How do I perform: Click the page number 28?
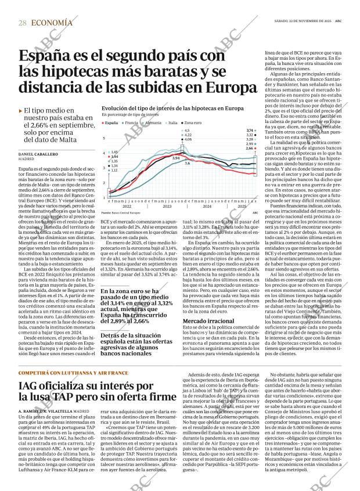click(x=22, y=23)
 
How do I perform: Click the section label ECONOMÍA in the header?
click(x=52, y=23)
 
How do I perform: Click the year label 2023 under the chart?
click(x=167, y=207)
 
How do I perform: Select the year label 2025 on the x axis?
click(x=243, y=207)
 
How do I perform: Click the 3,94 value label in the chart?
click(x=177, y=158)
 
